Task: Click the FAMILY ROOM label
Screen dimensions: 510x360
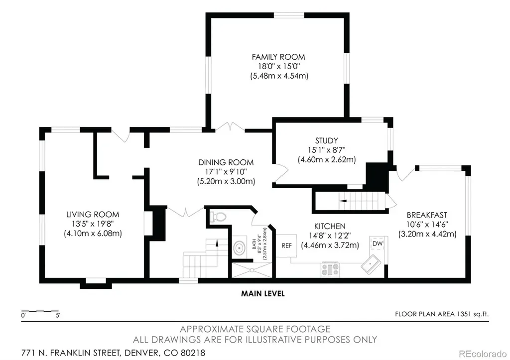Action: point(278,57)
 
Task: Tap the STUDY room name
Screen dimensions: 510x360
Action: point(326,140)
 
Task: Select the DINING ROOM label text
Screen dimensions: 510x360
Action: point(226,162)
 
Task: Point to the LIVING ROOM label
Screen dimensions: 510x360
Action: point(93,214)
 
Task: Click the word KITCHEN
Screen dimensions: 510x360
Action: point(330,226)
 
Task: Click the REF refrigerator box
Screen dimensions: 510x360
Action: point(286,246)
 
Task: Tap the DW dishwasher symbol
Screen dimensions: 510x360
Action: point(378,243)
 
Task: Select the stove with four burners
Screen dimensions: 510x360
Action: point(330,269)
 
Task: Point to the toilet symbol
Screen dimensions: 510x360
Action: point(218,217)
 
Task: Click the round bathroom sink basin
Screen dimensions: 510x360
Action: point(240,248)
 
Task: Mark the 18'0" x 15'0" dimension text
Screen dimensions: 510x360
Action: point(279,66)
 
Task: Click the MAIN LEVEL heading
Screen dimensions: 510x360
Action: point(263,294)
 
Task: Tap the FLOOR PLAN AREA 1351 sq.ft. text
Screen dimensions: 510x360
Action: point(442,314)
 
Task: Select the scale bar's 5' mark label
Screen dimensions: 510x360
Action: point(58,315)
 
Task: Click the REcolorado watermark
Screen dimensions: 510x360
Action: point(482,354)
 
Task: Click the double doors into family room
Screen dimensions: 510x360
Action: point(230,127)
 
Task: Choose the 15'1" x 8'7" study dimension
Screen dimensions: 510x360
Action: point(327,150)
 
